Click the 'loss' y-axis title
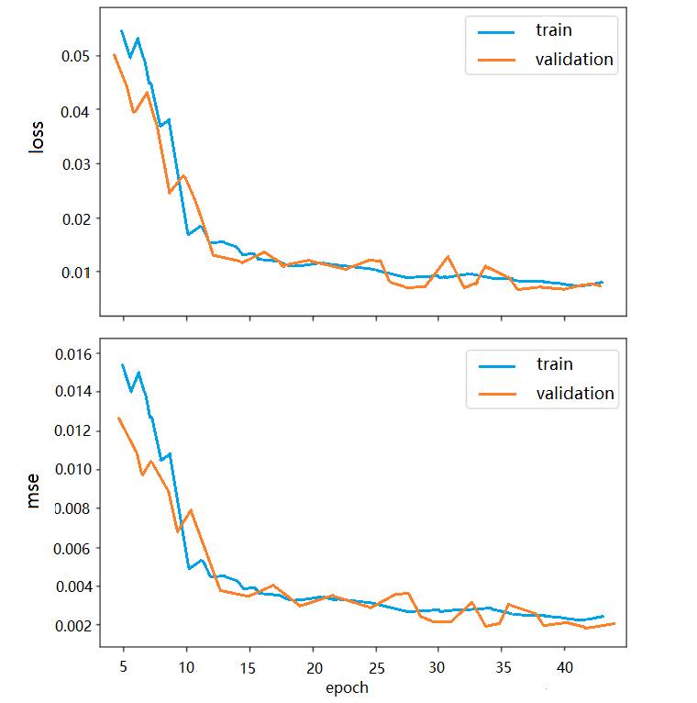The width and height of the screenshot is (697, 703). pos(37,138)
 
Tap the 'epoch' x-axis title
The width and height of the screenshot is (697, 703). pos(347,686)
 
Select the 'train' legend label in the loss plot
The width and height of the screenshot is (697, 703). pos(554,30)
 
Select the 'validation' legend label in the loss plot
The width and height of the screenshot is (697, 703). pos(573,60)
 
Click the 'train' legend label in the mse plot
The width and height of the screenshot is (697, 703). pos(554,364)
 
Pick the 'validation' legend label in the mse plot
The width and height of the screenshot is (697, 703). pos(574,394)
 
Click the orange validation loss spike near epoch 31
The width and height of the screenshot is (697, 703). pos(448,257)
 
